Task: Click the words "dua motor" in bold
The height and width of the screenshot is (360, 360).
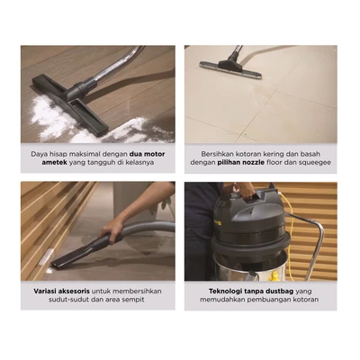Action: [147, 154]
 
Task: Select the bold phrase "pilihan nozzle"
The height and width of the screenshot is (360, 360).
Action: [241, 163]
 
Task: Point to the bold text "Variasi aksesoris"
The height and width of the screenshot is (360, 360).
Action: [62, 292]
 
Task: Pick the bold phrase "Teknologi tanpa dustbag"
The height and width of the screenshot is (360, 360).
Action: [251, 292]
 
